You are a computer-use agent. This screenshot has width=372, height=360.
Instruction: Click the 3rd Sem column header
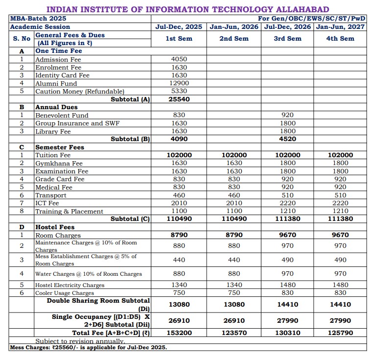(287, 38)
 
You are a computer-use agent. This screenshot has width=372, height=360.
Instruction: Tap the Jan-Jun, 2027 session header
(340, 26)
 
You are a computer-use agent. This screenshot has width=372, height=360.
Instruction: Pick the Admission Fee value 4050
(179, 59)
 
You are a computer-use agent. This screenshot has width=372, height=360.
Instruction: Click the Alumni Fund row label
(56, 83)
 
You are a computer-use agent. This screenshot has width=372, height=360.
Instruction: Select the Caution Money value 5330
(179, 91)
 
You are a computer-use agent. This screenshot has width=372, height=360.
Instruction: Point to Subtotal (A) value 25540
(179, 99)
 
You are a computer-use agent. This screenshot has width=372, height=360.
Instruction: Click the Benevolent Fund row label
(62, 115)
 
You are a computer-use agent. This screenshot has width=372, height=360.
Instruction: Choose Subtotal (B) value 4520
(287, 139)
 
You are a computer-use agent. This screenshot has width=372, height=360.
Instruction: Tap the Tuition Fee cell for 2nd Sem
(234, 155)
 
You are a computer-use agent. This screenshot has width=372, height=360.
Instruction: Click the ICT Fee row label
(47, 203)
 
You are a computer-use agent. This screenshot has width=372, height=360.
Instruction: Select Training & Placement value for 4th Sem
(340, 211)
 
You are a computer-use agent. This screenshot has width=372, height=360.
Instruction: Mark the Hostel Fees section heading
(55, 227)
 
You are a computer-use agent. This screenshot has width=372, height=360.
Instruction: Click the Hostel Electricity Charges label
(70, 285)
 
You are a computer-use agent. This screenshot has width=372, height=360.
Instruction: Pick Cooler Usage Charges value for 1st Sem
(179, 293)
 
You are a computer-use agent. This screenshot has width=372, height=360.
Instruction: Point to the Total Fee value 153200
(179, 333)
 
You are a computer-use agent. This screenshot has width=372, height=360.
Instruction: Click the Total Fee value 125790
(340, 333)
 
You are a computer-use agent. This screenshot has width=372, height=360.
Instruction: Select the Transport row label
(51, 195)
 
